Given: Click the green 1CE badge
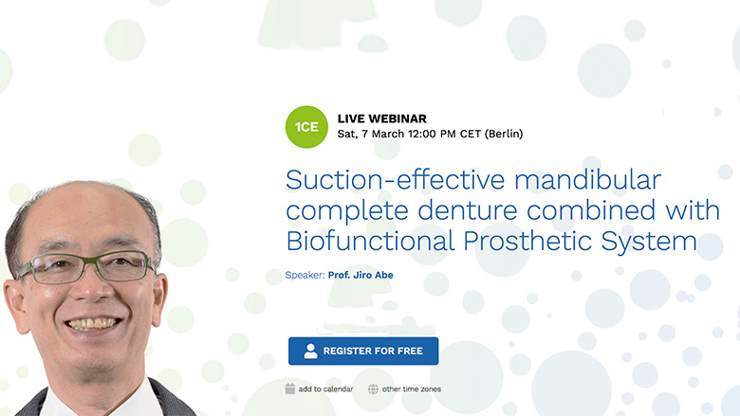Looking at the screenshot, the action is click(x=306, y=127).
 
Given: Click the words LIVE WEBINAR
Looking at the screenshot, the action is click(x=381, y=118).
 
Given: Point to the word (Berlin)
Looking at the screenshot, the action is click(x=504, y=135).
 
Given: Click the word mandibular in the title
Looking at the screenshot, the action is click(x=587, y=180).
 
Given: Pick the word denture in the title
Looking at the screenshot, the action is click(x=467, y=210).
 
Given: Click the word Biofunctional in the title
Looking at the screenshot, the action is click(x=370, y=241).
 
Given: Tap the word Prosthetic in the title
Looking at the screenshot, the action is click(x=527, y=241).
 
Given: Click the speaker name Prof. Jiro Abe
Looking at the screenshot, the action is click(x=361, y=275).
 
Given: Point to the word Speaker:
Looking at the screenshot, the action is click(x=305, y=276).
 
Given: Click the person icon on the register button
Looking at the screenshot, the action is click(x=310, y=351).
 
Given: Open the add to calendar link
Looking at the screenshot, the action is click(x=325, y=389).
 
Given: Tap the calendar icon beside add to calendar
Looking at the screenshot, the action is click(x=290, y=389).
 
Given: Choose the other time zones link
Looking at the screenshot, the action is click(x=412, y=389).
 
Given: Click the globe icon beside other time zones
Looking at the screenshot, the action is click(x=373, y=389).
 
